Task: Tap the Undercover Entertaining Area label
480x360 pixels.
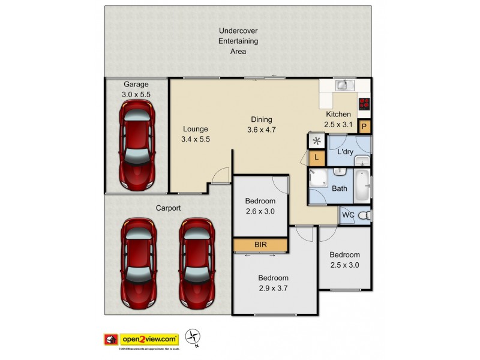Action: pyautogui.click(x=238, y=41)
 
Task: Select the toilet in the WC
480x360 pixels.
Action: pyautogui.click(x=364, y=215)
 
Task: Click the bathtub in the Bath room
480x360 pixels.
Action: pyautogui.click(x=362, y=185)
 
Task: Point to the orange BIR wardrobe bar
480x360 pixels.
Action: pyautogui.click(x=260, y=245)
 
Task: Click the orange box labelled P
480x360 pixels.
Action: pyautogui.click(x=364, y=127)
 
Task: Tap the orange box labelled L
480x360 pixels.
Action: pyautogui.click(x=316, y=158)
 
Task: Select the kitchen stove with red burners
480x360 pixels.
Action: pyautogui.click(x=364, y=103)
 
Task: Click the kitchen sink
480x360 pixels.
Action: pyautogui.click(x=343, y=85)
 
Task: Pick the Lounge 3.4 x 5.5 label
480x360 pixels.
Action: pyautogui.click(x=196, y=134)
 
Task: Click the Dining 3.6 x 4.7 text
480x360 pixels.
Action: pyautogui.click(x=261, y=124)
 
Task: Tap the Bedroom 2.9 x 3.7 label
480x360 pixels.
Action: pyautogui.click(x=273, y=283)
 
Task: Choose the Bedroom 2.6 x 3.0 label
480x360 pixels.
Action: pyautogui.click(x=260, y=206)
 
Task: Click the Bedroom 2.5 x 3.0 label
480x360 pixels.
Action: pyautogui.click(x=344, y=259)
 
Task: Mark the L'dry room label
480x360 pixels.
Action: pyautogui.click(x=345, y=152)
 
